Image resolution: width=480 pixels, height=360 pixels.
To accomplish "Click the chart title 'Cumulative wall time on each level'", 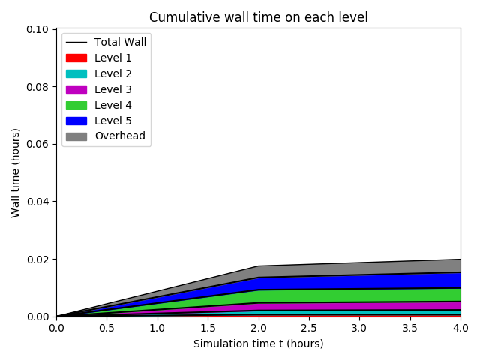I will pyautogui.click(x=258, y=17).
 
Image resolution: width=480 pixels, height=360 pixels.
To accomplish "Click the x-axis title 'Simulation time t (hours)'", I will pyautogui.click(x=258, y=343).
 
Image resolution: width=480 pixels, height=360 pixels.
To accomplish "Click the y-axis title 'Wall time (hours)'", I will pyautogui.click(x=16, y=172).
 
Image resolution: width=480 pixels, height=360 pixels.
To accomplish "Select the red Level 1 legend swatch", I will pyautogui.click(x=76, y=58).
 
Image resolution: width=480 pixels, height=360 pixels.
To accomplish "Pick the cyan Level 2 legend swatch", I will pyautogui.click(x=76, y=73).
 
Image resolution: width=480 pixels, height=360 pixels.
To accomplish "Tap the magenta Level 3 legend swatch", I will pyautogui.click(x=76, y=89).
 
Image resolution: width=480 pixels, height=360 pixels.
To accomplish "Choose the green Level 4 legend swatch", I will pyautogui.click(x=76, y=105).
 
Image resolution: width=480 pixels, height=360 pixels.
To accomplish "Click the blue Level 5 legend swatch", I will pyautogui.click(x=76, y=121).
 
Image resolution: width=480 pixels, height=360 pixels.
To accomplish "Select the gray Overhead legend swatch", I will pyautogui.click(x=76, y=136).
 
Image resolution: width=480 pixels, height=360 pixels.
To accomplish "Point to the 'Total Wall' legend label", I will pyautogui.click(x=120, y=42).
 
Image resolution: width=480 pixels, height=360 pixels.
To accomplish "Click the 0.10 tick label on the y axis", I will pyautogui.click(x=38, y=29).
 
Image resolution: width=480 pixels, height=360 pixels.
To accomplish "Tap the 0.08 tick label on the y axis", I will pyautogui.click(x=38, y=87).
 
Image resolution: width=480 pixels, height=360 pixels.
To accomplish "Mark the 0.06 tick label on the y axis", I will pyautogui.click(x=38, y=144).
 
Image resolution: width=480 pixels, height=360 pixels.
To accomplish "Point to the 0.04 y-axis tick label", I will pyautogui.click(x=38, y=202).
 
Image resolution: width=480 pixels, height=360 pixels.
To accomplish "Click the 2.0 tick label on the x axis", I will pyautogui.click(x=258, y=328).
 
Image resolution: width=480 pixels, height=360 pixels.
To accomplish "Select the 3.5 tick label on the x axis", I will pyautogui.click(x=409, y=328).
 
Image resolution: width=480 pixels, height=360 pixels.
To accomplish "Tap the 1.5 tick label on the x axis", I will pyautogui.click(x=208, y=328).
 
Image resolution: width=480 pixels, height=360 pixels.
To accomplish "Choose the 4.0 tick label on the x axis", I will pyautogui.click(x=460, y=328).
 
